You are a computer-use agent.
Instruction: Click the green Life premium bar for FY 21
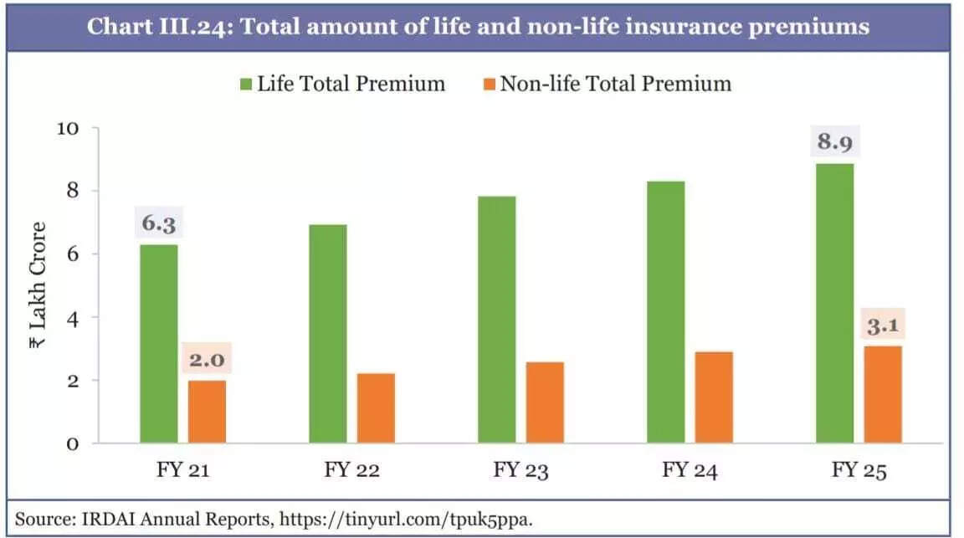coord(159,343)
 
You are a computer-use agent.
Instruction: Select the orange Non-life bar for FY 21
coord(207,412)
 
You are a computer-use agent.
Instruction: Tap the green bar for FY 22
coord(328,333)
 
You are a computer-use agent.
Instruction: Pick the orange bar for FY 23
coord(545,402)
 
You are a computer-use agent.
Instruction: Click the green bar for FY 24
coord(666,311)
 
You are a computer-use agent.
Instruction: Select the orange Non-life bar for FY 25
coord(883,394)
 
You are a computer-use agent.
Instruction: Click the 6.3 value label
coord(159,225)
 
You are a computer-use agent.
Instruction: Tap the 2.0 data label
coord(207,361)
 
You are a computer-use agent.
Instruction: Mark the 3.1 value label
coord(883,325)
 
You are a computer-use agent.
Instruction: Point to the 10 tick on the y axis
coord(68,129)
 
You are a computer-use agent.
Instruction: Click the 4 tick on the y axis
coord(72,318)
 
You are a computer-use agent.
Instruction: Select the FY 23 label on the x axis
coord(520,470)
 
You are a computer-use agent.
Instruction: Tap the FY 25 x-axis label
coord(858,470)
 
